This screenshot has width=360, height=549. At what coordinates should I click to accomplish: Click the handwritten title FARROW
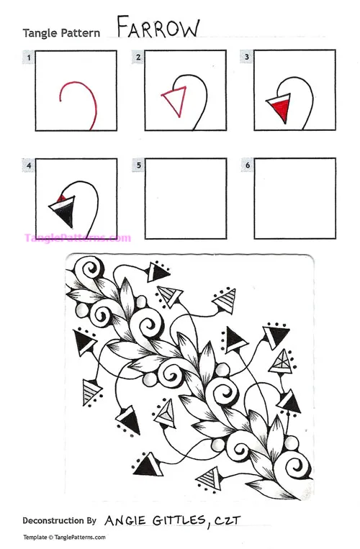point(158,28)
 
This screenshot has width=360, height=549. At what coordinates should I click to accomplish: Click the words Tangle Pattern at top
point(60,33)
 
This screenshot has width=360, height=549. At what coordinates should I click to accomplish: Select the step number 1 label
point(29,56)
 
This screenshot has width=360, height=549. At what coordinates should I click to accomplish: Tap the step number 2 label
point(138,56)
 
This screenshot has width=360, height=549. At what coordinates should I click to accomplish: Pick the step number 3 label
point(247,56)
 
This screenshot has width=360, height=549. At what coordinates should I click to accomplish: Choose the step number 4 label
point(29,165)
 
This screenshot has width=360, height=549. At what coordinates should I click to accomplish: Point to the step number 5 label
point(138,165)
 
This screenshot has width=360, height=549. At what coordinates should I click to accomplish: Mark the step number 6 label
point(247,165)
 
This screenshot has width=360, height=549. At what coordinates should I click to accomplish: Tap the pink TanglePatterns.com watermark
point(78,237)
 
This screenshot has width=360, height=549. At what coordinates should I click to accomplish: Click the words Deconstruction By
point(59,519)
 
